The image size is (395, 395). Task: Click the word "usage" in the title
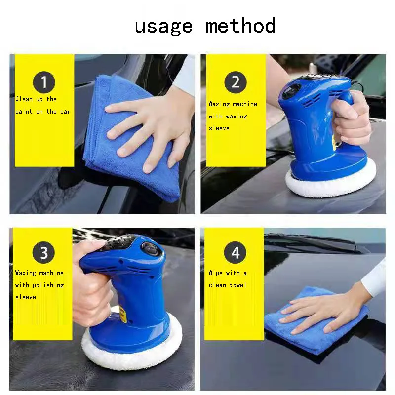[164, 26]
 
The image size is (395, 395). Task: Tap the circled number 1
[44, 82]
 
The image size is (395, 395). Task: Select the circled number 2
[235, 82]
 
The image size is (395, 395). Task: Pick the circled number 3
[44, 253]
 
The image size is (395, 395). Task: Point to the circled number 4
[235, 253]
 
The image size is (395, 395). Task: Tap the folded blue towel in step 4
[296, 336]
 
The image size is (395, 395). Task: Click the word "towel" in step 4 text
[237, 285]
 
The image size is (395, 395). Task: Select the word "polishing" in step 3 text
[48, 285]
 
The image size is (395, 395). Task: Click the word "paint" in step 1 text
[24, 111]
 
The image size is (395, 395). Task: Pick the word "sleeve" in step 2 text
[219, 128]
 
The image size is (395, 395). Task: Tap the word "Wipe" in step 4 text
[216, 273]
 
